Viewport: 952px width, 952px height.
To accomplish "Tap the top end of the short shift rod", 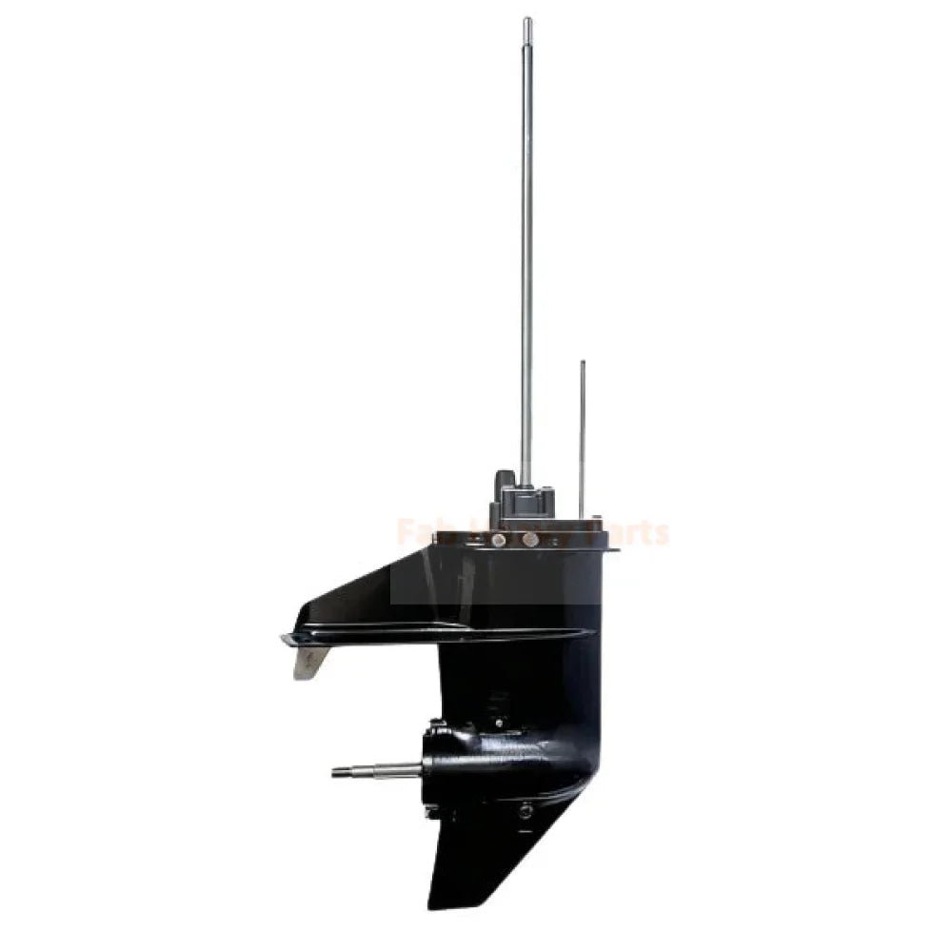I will click(583, 364).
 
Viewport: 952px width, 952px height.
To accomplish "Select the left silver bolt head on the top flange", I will click(498, 540).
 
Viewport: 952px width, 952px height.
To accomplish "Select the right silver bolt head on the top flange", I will click(530, 540).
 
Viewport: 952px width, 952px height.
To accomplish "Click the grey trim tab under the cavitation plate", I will click(310, 661).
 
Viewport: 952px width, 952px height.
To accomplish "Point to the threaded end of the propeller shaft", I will click(341, 772).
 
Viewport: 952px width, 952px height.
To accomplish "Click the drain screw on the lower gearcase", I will click(525, 810).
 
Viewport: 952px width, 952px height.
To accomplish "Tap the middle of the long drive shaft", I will click(526, 248).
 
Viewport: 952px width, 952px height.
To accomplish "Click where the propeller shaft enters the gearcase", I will click(425, 769).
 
